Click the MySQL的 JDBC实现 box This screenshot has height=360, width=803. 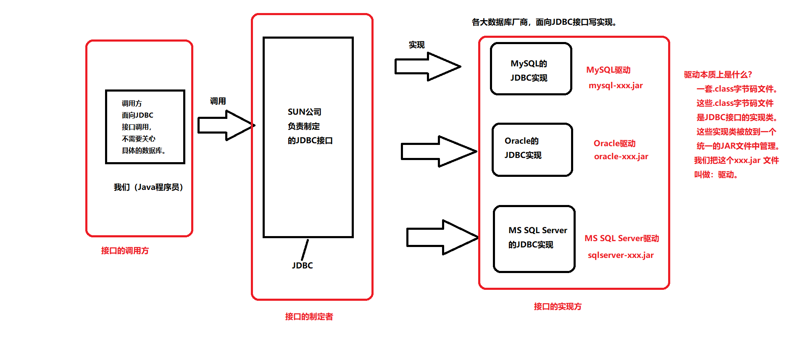531,69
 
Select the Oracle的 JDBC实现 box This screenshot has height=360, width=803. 532,150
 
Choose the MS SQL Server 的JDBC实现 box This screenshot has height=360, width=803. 534,239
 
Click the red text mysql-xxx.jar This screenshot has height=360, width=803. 616,86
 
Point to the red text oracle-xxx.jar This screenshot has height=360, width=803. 621,157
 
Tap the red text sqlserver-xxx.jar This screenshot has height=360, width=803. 621,255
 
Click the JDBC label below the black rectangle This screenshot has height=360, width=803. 302,265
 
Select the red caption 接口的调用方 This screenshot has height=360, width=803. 125,251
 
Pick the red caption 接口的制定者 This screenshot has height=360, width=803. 309,317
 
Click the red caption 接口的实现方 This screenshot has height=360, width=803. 558,307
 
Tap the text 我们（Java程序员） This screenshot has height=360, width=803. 148,187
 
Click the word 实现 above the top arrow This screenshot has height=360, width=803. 416,45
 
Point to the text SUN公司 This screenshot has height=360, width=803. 304,112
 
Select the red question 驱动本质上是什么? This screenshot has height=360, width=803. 718,75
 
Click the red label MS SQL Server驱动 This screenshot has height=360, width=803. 621,239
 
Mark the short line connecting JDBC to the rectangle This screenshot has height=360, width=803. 305,250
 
